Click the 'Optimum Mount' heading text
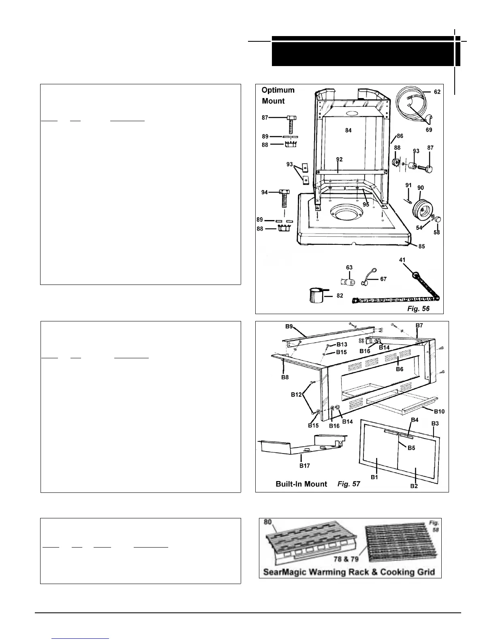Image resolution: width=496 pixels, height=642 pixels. [278, 96]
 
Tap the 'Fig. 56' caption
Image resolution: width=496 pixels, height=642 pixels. [418, 308]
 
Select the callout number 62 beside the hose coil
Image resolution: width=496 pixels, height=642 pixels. [437, 92]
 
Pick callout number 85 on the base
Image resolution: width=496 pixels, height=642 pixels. [421, 246]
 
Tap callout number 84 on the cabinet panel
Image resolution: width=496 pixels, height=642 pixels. [348, 130]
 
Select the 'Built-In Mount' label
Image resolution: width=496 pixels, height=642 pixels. [301, 484]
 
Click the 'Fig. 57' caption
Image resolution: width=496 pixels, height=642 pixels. [348, 484]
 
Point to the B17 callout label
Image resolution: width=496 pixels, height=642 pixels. [304, 466]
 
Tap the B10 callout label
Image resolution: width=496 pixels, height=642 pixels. [439, 411]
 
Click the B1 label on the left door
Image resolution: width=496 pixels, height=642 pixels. [374, 477]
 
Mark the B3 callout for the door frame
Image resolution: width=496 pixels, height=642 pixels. [435, 423]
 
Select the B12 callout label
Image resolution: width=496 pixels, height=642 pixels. [297, 394]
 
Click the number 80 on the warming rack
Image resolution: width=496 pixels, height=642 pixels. [268, 522]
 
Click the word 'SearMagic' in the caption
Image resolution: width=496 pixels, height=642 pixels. [285, 572]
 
